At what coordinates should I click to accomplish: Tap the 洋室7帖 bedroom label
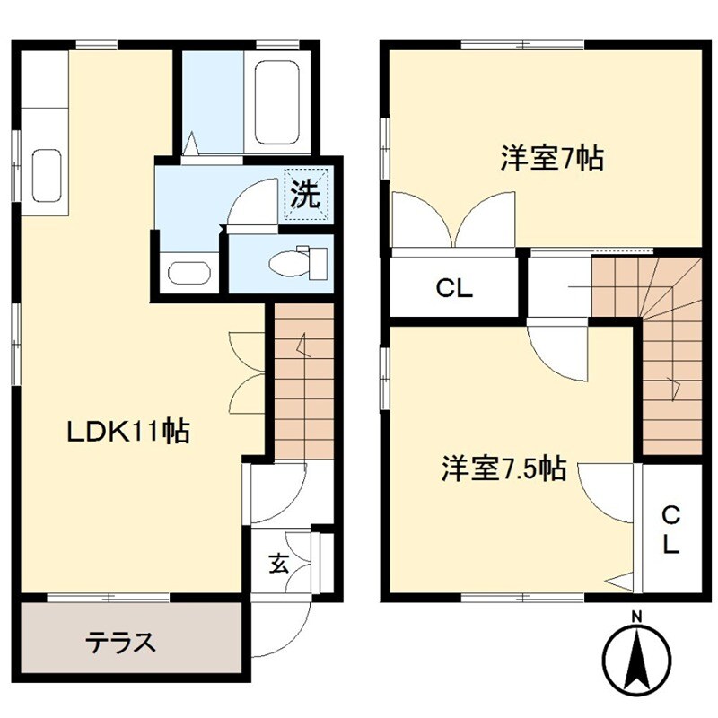pyautogui.click(x=551, y=160)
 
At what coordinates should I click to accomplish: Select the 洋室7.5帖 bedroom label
pyautogui.click(x=503, y=468)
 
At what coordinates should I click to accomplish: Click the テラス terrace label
pyautogui.click(x=121, y=642)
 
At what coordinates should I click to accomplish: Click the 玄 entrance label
pyautogui.click(x=279, y=565)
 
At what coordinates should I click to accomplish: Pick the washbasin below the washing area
pyautogui.click(x=188, y=273)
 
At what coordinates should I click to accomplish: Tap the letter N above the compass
pyautogui.click(x=636, y=617)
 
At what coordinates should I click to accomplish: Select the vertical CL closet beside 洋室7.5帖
pyautogui.click(x=670, y=530)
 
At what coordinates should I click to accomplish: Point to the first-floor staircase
pyautogui.click(x=302, y=381)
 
